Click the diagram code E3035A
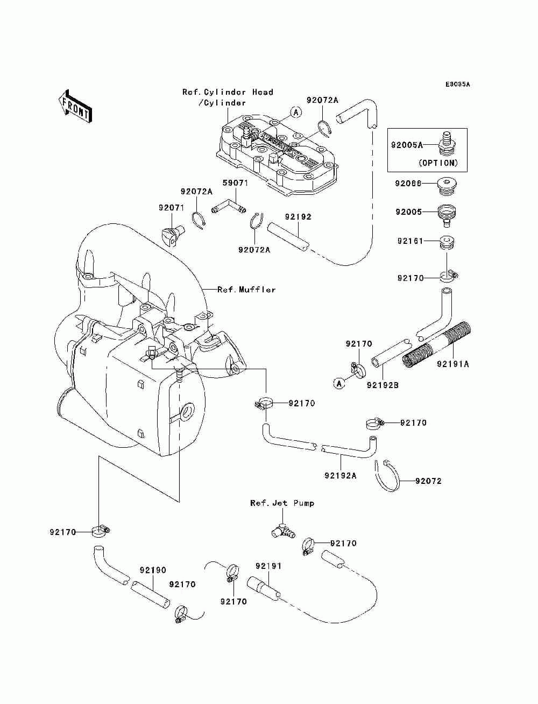pyautogui.click(x=457, y=85)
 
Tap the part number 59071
pyautogui.click(x=236, y=183)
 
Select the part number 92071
pyautogui.click(x=171, y=207)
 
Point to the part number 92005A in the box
pyautogui.click(x=406, y=144)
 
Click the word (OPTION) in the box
pyautogui.click(x=438, y=163)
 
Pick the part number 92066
pyautogui.click(x=408, y=184)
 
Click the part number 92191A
pyautogui.click(x=452, y=364)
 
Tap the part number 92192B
pyautogui.click(x=383, y=385)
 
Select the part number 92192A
pyautogui.click(x=341, y=476)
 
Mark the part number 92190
pyautogui.click(x=153, y=570)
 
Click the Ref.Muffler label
pyautogui.click(x=246, y=290)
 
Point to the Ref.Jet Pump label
pyautogui.click(x=282, y=503)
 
